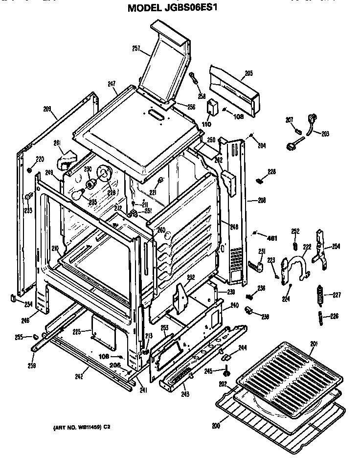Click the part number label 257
click(x=136, y=48)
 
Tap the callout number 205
click(x=248, y=73)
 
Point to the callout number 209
click(x=47, y=109)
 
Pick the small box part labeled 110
click(x=213, y=108)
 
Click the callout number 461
click(x=273, y=238)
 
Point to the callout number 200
click(x=216, y=426)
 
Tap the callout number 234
click(x=28, y=304)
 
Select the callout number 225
click(x=76, y=332)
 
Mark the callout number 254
click(x=336, y=246)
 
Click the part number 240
click(x=234, y=305)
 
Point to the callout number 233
click(x=28, y=211)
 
